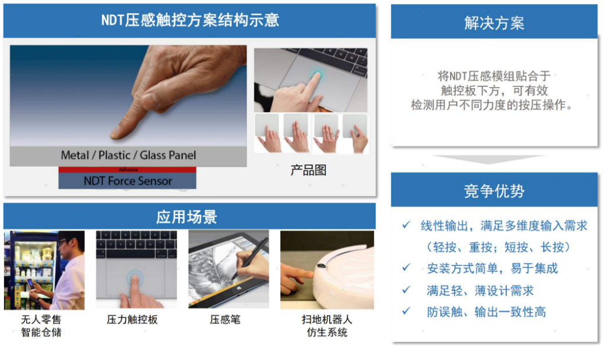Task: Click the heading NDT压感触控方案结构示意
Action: pos(190,20)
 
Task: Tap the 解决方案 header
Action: pos(494,23)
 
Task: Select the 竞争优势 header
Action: pos(494,191)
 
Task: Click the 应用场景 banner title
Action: pos(187,217)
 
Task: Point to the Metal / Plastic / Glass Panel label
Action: pos(128,155)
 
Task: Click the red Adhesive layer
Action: pos(127,170)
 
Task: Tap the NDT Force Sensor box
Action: pos(127,181)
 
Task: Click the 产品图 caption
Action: pos(308,170)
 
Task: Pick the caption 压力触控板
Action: pos(132,319)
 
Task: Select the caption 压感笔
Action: pos(225,319)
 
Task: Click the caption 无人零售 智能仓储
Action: pos(41,326)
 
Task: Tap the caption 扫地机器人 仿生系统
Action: pos(327,326)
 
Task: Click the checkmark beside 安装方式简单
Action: pos(406,268)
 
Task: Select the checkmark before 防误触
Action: pos(406,311)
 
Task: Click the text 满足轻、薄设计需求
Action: pos(480,290)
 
